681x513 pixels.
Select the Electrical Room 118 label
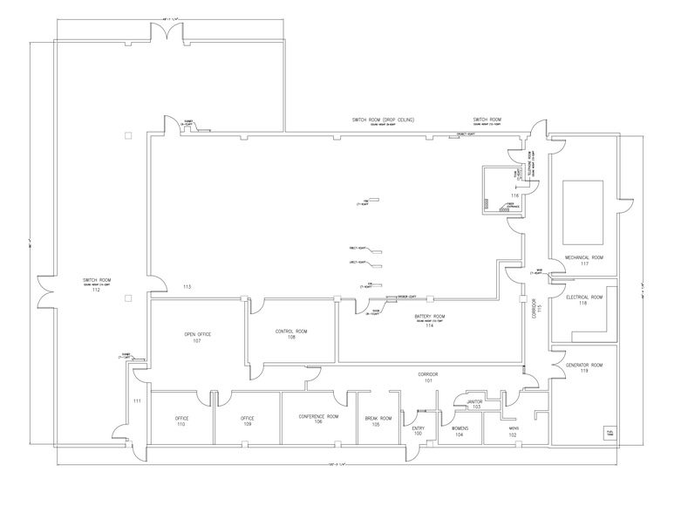583,300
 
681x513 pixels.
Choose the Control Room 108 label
291,335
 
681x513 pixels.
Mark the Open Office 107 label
197,337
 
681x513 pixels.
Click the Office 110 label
181,421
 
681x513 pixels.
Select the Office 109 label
247,421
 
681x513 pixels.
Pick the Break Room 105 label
378,421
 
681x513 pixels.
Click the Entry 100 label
418,431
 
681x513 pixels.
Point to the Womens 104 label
460,431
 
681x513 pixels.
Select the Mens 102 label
514,431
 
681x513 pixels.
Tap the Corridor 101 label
428,377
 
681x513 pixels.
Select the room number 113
187,286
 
